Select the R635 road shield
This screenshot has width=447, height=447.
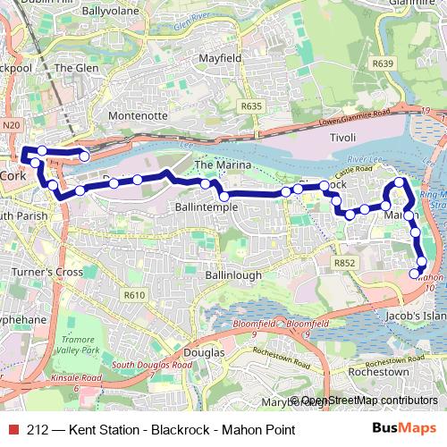[x=251, y=106]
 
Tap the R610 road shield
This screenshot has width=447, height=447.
[x=134, y=295]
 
